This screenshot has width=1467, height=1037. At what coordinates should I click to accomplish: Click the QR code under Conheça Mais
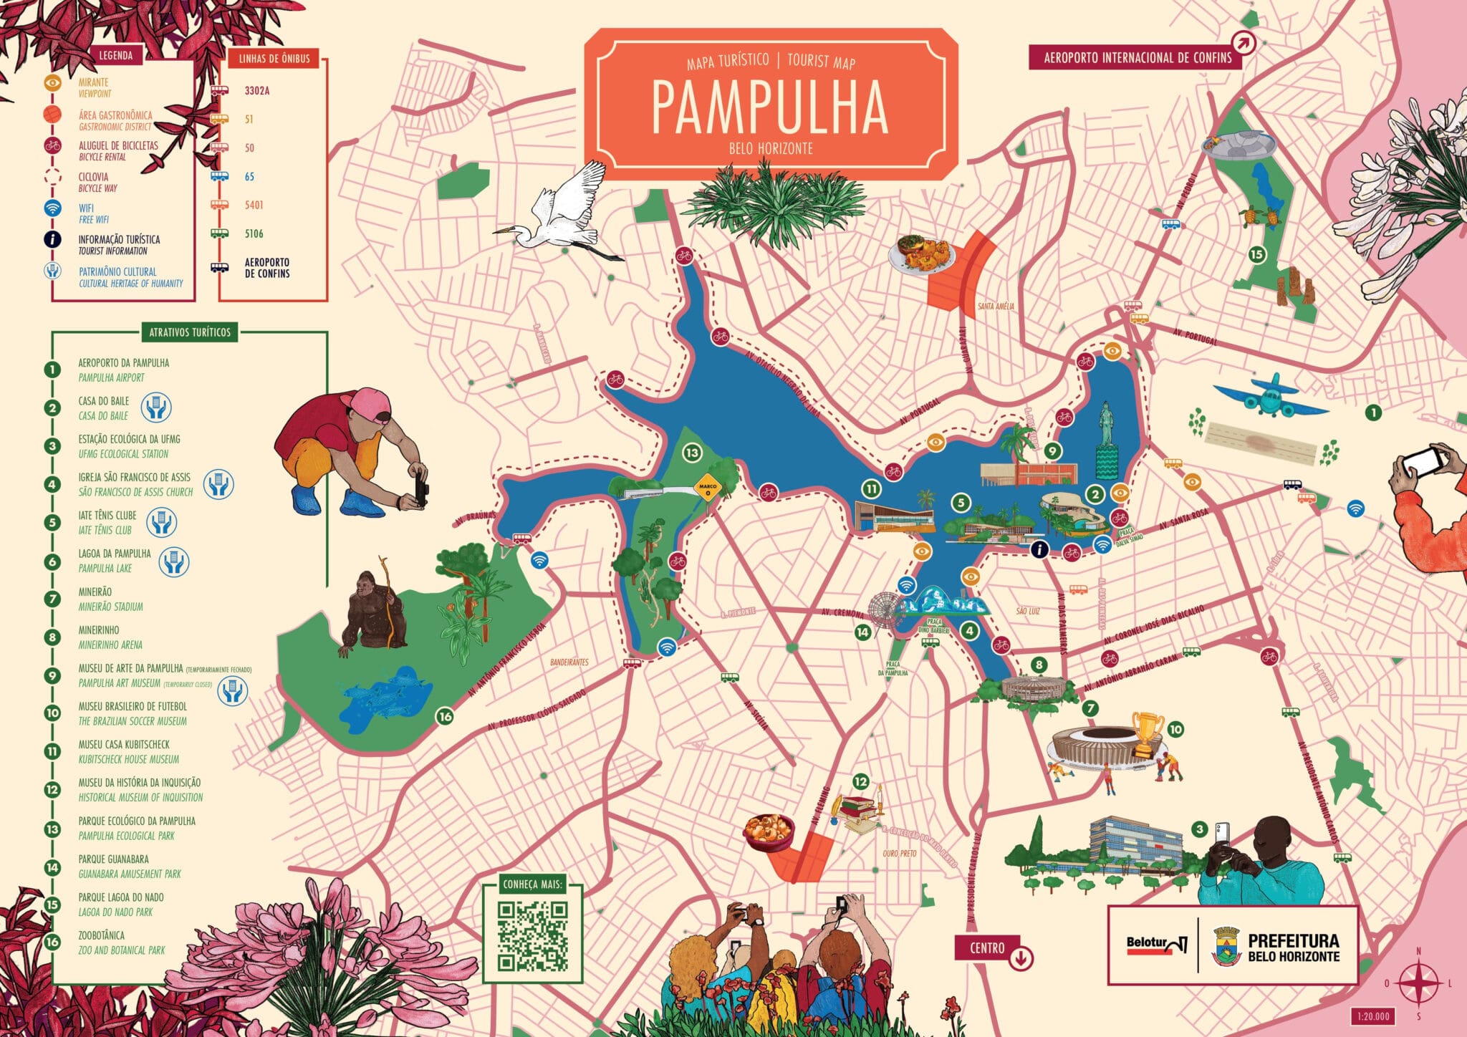pyautogui.click(x=533, y=936)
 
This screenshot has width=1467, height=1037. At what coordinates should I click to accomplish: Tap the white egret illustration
pyautogui.click(x=566, y=215)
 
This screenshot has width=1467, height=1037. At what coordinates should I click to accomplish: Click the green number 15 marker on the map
pyautogui.click(x=1256, y=254)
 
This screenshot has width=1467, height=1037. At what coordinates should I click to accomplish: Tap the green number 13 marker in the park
pyautogui.click(x=691, y=453)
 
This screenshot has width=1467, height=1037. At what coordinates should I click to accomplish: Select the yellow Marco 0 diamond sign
pyautogui.click(x=707, y=488)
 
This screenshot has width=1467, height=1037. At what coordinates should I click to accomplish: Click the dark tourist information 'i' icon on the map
pyautogui.click(x=1039, y=549)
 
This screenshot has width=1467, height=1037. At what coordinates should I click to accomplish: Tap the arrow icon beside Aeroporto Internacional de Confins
pyautogui.click(x=1244, y=43)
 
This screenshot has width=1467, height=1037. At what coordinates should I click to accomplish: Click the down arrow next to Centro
pyautogui.click(x=1021, y=958)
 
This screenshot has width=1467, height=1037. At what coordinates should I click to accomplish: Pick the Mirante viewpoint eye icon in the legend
pyautogui.click(x=52, y=83)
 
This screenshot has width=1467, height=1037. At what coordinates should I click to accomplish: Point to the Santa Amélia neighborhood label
pyautogui.click(x=996, y=306)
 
